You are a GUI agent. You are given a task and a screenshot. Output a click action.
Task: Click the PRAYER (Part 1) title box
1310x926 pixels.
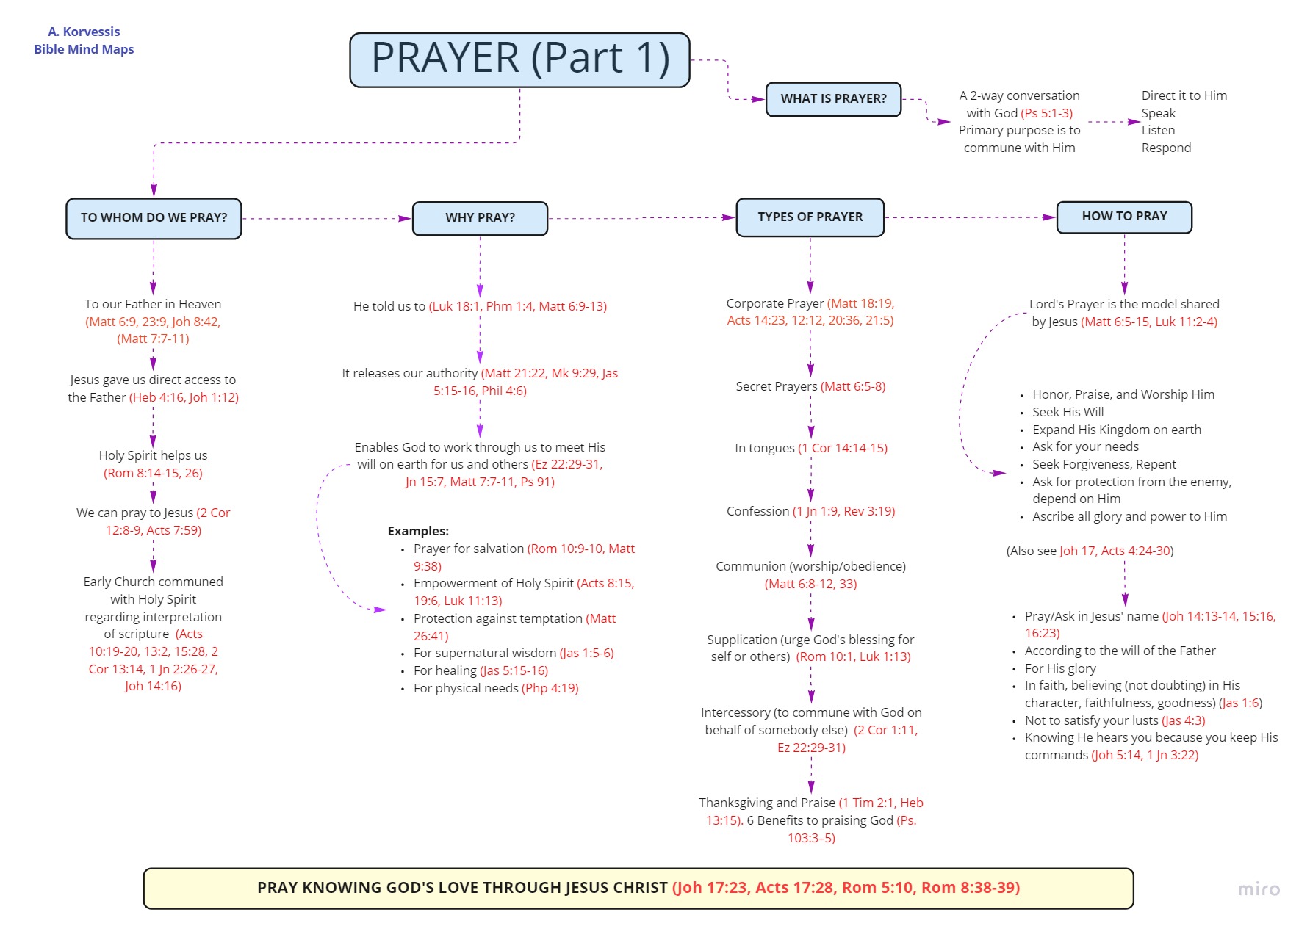[519, 59]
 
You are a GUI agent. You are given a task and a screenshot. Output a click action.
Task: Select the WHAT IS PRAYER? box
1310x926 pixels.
[833, 99]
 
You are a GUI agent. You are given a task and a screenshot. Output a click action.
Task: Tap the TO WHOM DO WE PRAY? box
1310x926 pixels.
[154, 218]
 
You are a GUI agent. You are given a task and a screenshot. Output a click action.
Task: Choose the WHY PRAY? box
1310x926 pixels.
[480, 218]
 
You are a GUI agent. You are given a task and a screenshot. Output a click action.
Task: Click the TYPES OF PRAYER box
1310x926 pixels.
[810, 217]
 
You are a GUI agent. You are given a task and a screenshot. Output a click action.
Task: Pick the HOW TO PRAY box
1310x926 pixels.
[1124, 217]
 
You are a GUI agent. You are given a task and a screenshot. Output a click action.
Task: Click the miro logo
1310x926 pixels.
[1259, 889]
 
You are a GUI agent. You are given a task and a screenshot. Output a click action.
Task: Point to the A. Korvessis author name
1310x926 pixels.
[84, 32]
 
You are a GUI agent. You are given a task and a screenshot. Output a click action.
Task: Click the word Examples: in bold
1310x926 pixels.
[418, 531]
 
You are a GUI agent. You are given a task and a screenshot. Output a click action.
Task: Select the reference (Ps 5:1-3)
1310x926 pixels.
[1046, 113]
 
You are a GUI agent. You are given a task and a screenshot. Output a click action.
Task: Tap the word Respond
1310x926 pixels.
[1166, 148]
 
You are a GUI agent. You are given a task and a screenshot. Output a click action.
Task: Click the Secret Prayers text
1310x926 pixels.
[776, 386]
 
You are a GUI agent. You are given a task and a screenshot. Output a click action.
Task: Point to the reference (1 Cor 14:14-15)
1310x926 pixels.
[843, 448]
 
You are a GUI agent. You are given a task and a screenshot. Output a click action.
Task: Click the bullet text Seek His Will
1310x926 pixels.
[1068, 412]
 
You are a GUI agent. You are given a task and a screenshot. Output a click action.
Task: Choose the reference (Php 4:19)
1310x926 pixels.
[550, 688]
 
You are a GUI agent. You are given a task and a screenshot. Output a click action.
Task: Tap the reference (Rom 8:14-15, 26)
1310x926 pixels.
[153, 473]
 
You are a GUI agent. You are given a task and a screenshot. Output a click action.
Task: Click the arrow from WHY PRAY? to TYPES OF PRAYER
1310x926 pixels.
[642, 218]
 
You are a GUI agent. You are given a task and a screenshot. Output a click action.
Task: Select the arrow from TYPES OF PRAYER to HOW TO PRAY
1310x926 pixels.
[971, 217]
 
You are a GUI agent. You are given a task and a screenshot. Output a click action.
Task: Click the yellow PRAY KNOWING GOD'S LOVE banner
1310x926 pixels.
[638, 888]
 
